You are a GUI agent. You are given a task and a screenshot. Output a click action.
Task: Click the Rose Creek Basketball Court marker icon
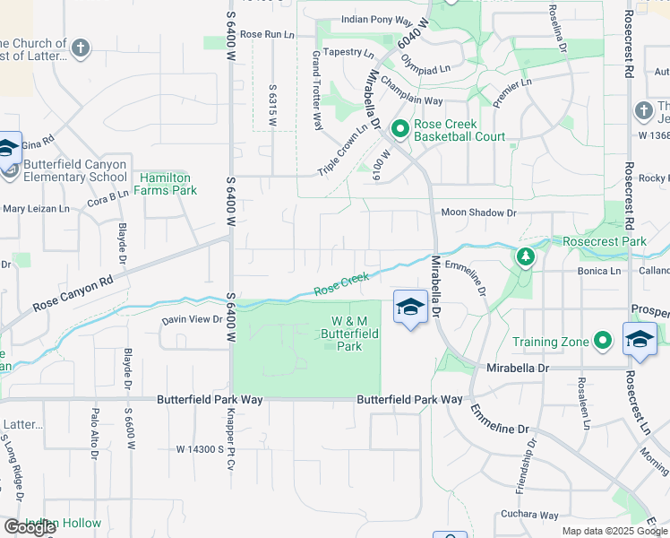(x=399, y=131)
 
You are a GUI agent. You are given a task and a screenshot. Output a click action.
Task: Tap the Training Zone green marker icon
(x=604, y=342)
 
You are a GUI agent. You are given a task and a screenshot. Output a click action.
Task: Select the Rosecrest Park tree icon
(x=526, y=256)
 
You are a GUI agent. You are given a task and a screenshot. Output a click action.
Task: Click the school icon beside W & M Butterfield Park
(x=409, y=307)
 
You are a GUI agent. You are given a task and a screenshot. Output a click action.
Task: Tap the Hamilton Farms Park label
(x=167, y=184)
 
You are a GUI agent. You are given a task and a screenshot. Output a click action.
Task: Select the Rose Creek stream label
(x=340, y=285)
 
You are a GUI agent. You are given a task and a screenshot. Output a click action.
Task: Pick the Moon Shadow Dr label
(x=479, y=213)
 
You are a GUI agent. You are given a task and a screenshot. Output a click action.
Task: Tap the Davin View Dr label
(x=192, y=319)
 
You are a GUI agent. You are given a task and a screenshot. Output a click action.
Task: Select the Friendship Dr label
(x=527, y=465)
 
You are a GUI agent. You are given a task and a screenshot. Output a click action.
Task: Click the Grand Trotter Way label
(x=316, y=90)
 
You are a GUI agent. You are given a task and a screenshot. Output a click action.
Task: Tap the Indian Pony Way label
(x=377, y=19)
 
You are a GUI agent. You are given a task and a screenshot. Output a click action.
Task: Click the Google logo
(x=29, y=527)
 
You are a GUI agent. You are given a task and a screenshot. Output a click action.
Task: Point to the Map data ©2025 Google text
(x=614, y=531)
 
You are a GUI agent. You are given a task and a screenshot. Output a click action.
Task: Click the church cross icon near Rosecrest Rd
(x=643, y=109)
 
